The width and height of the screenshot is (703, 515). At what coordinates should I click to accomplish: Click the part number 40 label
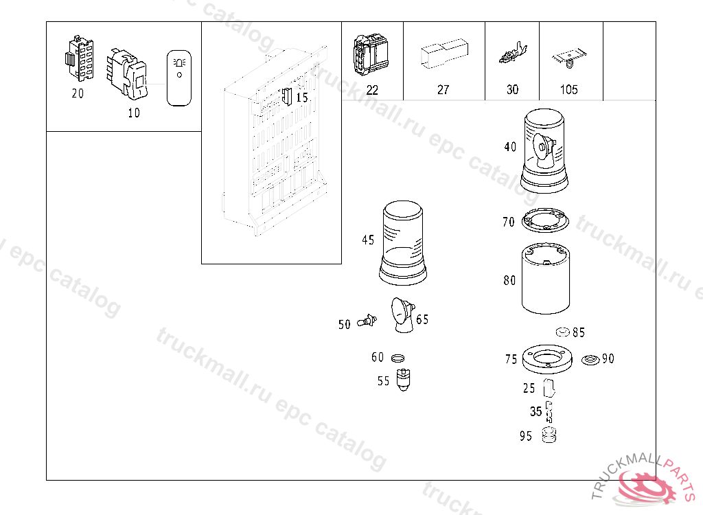click(x=510, y=147)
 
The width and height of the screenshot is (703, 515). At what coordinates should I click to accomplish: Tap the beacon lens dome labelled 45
click(x=402, y=242)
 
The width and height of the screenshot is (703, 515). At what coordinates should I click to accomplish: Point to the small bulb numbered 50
click(x=367, y=321)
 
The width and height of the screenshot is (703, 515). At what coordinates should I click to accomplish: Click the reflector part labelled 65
click(x=402, y=315)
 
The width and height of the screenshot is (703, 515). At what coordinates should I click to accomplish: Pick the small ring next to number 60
click(x=397, y=358)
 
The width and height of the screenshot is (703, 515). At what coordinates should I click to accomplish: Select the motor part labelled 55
click(x=404, y=380)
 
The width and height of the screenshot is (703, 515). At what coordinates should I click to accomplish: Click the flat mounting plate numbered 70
click(x=545, y=220)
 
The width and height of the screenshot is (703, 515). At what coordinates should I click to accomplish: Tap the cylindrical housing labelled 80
click(x=546, y=279)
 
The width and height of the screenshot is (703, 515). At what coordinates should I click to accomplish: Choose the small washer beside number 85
click(x=563, y=332)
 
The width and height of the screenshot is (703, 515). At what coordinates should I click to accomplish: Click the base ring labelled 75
click(x=547, y=359)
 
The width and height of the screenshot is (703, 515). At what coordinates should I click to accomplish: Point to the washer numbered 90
click(x=590, y=360)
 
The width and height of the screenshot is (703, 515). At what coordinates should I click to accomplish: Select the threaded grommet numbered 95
click(x=549, y=435)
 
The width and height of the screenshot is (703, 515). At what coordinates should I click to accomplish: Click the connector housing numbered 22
click(x=371, y=56)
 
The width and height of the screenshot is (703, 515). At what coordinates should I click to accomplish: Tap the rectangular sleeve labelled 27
click(x=444, y=54)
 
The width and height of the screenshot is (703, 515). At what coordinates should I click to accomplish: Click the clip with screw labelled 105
click(x=569, y=58)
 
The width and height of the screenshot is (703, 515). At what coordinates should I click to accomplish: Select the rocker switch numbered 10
click(x=127, y=73)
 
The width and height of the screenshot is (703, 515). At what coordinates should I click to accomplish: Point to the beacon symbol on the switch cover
click(x=179, y=62)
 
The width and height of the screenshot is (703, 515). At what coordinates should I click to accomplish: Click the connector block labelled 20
click(x=80, y=58)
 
